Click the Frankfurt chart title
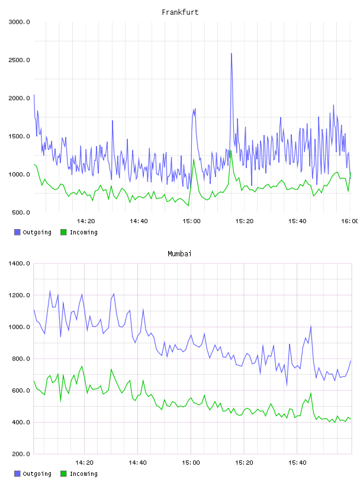(180, 12)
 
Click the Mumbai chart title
(179, 254)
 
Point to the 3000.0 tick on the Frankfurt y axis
(19, 22)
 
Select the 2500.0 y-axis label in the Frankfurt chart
(19, 60)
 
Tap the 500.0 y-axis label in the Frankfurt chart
(21, 212)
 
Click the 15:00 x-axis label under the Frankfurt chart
(191, 221)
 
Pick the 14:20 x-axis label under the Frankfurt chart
(86, 221)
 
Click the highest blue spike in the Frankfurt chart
(232, 54)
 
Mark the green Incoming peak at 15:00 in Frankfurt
(194, 159)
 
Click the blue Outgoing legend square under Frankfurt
(17, 232)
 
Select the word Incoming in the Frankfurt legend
(83, 233)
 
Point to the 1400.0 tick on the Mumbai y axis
(19, 263)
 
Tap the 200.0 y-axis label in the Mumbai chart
(21, 454)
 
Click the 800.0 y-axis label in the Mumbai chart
(21, 359)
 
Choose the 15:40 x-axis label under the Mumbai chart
(297, 463)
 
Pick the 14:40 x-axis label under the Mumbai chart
(138, 463)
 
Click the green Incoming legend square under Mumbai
(63, 474)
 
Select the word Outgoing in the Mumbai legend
(37, 474)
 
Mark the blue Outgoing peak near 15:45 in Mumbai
(311, 326)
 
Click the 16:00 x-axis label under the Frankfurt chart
(350, 221)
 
